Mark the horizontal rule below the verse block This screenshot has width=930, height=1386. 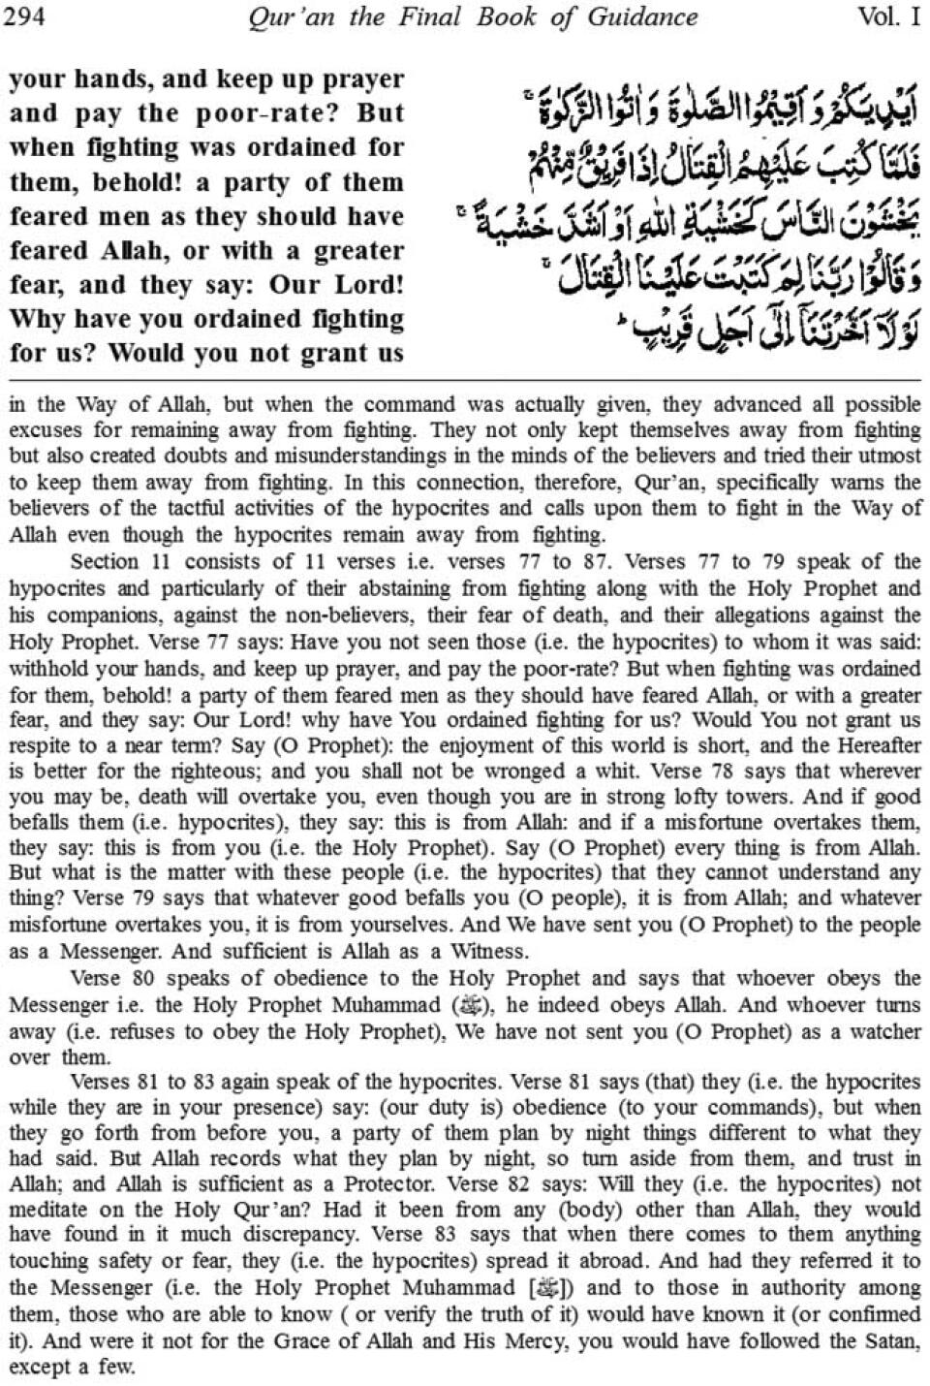click(x=465, y=380)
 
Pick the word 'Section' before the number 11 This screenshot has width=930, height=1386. click(x=105, y=561)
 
